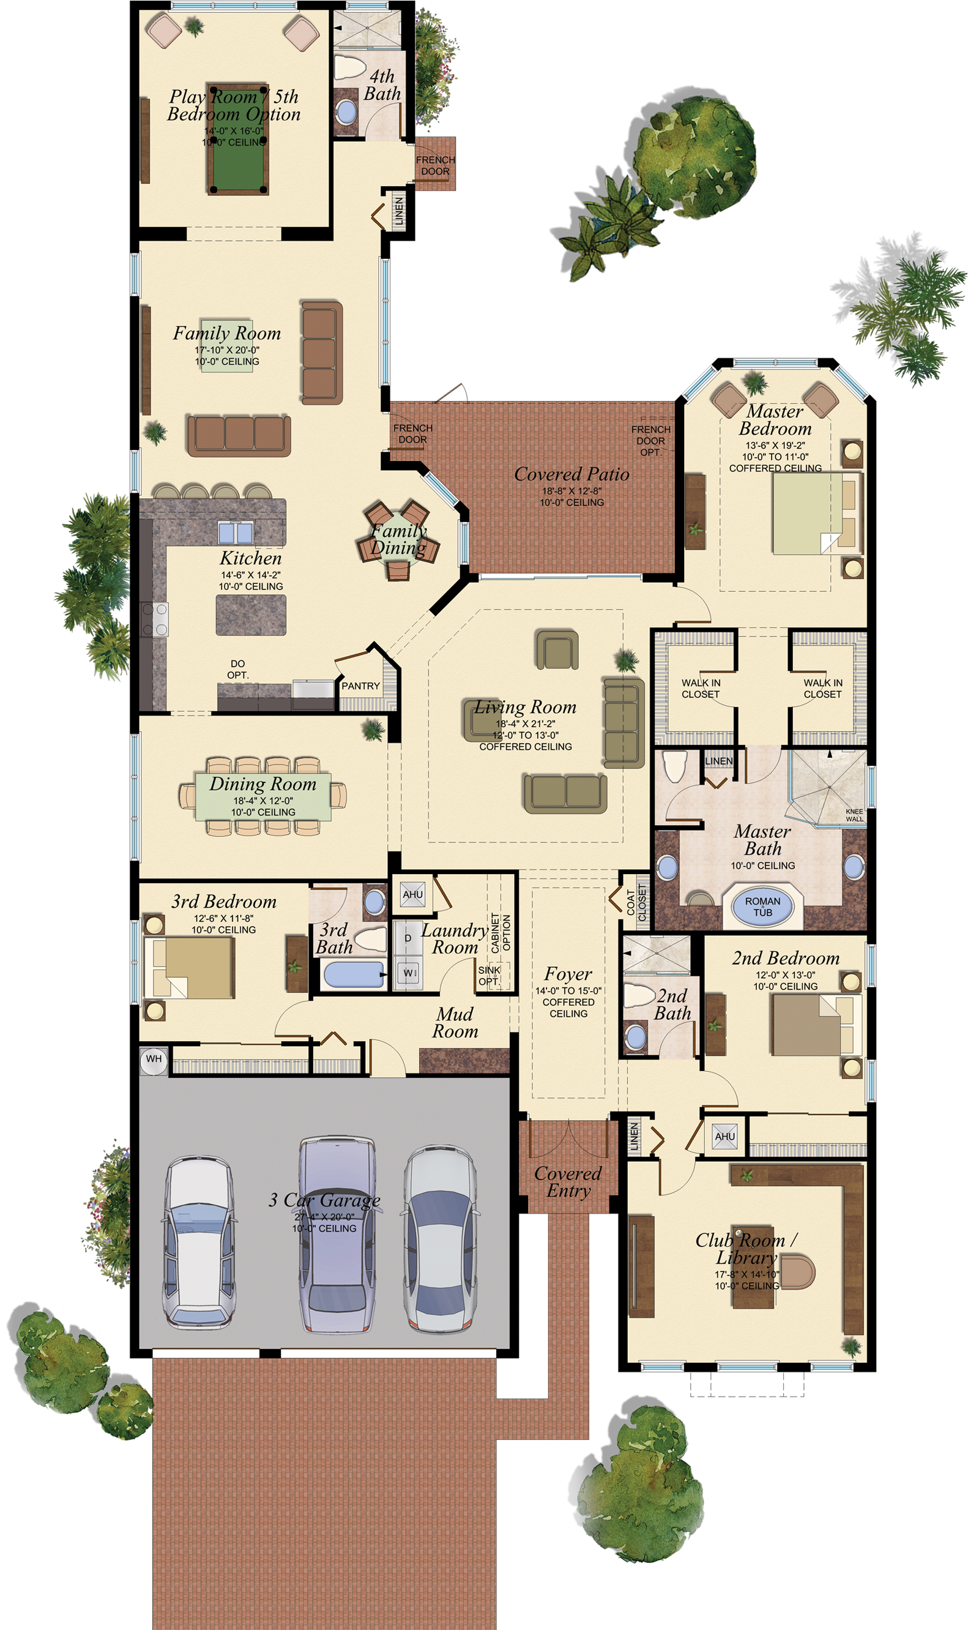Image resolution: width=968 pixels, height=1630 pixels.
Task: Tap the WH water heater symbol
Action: coord(154,1058)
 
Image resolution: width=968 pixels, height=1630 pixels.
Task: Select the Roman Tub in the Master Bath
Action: coord(762,907)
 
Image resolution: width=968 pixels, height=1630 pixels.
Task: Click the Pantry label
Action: coord(361,686)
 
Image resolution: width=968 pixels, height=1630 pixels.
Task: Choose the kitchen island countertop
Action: coord(251,614)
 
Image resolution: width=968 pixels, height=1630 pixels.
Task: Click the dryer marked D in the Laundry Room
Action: coord(408,938)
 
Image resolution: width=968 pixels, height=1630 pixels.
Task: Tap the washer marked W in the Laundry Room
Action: coord(408,973)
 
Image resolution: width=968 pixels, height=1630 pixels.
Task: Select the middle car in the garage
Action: coord(337,1233)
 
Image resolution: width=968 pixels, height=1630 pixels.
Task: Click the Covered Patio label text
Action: coord(571,474)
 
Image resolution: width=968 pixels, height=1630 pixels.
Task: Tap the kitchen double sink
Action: coord(236,533)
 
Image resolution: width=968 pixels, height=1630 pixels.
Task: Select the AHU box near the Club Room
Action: coord(724,1136)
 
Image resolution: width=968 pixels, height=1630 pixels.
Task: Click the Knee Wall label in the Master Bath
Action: coord(855,815)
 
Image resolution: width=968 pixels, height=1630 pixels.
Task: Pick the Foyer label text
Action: coord(568,974)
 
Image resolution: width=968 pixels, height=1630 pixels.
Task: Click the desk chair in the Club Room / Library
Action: coord(799,1271)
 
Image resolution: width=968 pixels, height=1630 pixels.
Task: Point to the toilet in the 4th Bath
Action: coord(349,67)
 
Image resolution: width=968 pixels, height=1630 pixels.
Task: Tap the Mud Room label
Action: coord(455,1023)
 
